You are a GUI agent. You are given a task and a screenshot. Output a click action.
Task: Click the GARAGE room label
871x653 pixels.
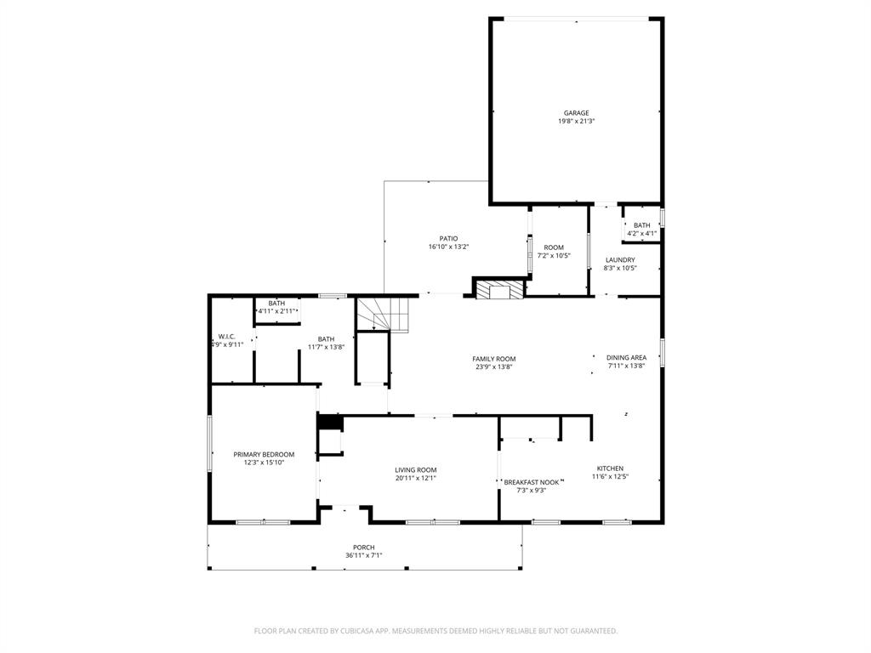point(576,113)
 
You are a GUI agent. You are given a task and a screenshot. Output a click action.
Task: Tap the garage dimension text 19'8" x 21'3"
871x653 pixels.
point(576,122)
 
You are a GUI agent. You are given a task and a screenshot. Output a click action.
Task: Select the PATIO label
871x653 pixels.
point(448,239)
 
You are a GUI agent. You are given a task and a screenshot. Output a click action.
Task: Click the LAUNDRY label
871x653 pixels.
point(619,260)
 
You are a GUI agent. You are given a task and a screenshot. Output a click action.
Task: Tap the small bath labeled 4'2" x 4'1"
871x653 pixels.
point(641,225)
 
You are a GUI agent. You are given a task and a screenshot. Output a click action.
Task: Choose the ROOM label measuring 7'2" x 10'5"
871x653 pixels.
point(554,247)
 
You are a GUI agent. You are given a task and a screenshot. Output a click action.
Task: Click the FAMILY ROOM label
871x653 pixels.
point(494,359)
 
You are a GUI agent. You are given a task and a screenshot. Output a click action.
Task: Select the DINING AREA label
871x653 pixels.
point(626,358)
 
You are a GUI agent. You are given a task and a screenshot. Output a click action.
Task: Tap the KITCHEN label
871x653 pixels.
point(609,468)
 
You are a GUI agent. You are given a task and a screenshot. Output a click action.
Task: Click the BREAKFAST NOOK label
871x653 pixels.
point(532,482)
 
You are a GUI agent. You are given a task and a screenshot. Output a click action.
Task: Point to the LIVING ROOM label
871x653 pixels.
point(415,469)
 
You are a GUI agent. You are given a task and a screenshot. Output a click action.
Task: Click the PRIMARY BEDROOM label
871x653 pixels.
point(264,454)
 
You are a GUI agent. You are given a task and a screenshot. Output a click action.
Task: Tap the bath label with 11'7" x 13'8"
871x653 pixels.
point(326,339)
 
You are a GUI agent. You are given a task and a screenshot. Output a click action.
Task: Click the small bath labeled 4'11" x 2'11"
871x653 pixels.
point(276,304)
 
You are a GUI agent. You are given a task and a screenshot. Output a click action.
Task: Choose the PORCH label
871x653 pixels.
point(363,548)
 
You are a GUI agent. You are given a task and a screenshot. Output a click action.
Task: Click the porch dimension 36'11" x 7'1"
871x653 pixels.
point(363,556)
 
